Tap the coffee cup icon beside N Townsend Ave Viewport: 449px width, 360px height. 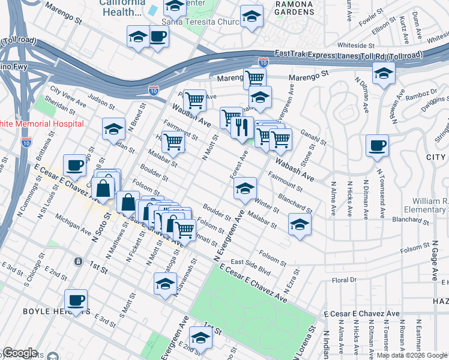pyautogui.click(x=377, y=146)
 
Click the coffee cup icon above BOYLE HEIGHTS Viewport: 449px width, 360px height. pyautogui.click(x=76, y=301)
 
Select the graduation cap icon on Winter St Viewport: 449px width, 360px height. pyautogui.click(x=245, y=190)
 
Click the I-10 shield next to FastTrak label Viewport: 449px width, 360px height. pyautogui.click(x=263, y=61)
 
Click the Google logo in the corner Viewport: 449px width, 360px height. pyautogui.click(x=20, y=353)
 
